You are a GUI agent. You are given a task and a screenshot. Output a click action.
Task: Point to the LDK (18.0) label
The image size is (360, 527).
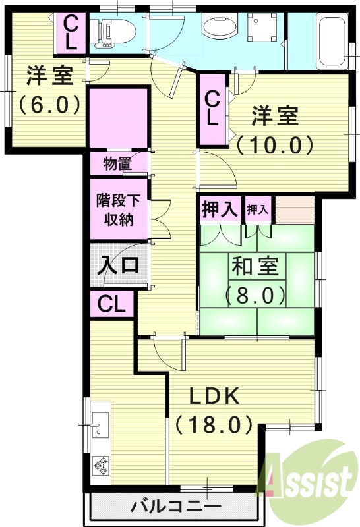(214, 409)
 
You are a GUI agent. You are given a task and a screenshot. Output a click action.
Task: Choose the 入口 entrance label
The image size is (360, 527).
(119, 265)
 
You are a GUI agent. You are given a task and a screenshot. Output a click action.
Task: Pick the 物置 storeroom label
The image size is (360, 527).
(117, 163)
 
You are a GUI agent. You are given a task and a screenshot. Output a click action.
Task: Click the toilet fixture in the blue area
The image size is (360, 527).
(119, 30)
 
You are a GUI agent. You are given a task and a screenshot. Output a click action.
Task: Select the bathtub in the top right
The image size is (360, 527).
(330, 41)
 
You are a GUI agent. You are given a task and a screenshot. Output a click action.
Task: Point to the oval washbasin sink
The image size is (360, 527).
(218, 28)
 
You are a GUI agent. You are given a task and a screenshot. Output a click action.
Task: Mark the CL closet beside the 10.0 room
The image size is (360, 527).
(212, 109)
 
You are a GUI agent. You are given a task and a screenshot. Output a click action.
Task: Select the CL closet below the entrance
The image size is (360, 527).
(111, 304)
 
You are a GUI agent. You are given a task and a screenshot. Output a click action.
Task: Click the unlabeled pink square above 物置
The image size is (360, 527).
(117, 118)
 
